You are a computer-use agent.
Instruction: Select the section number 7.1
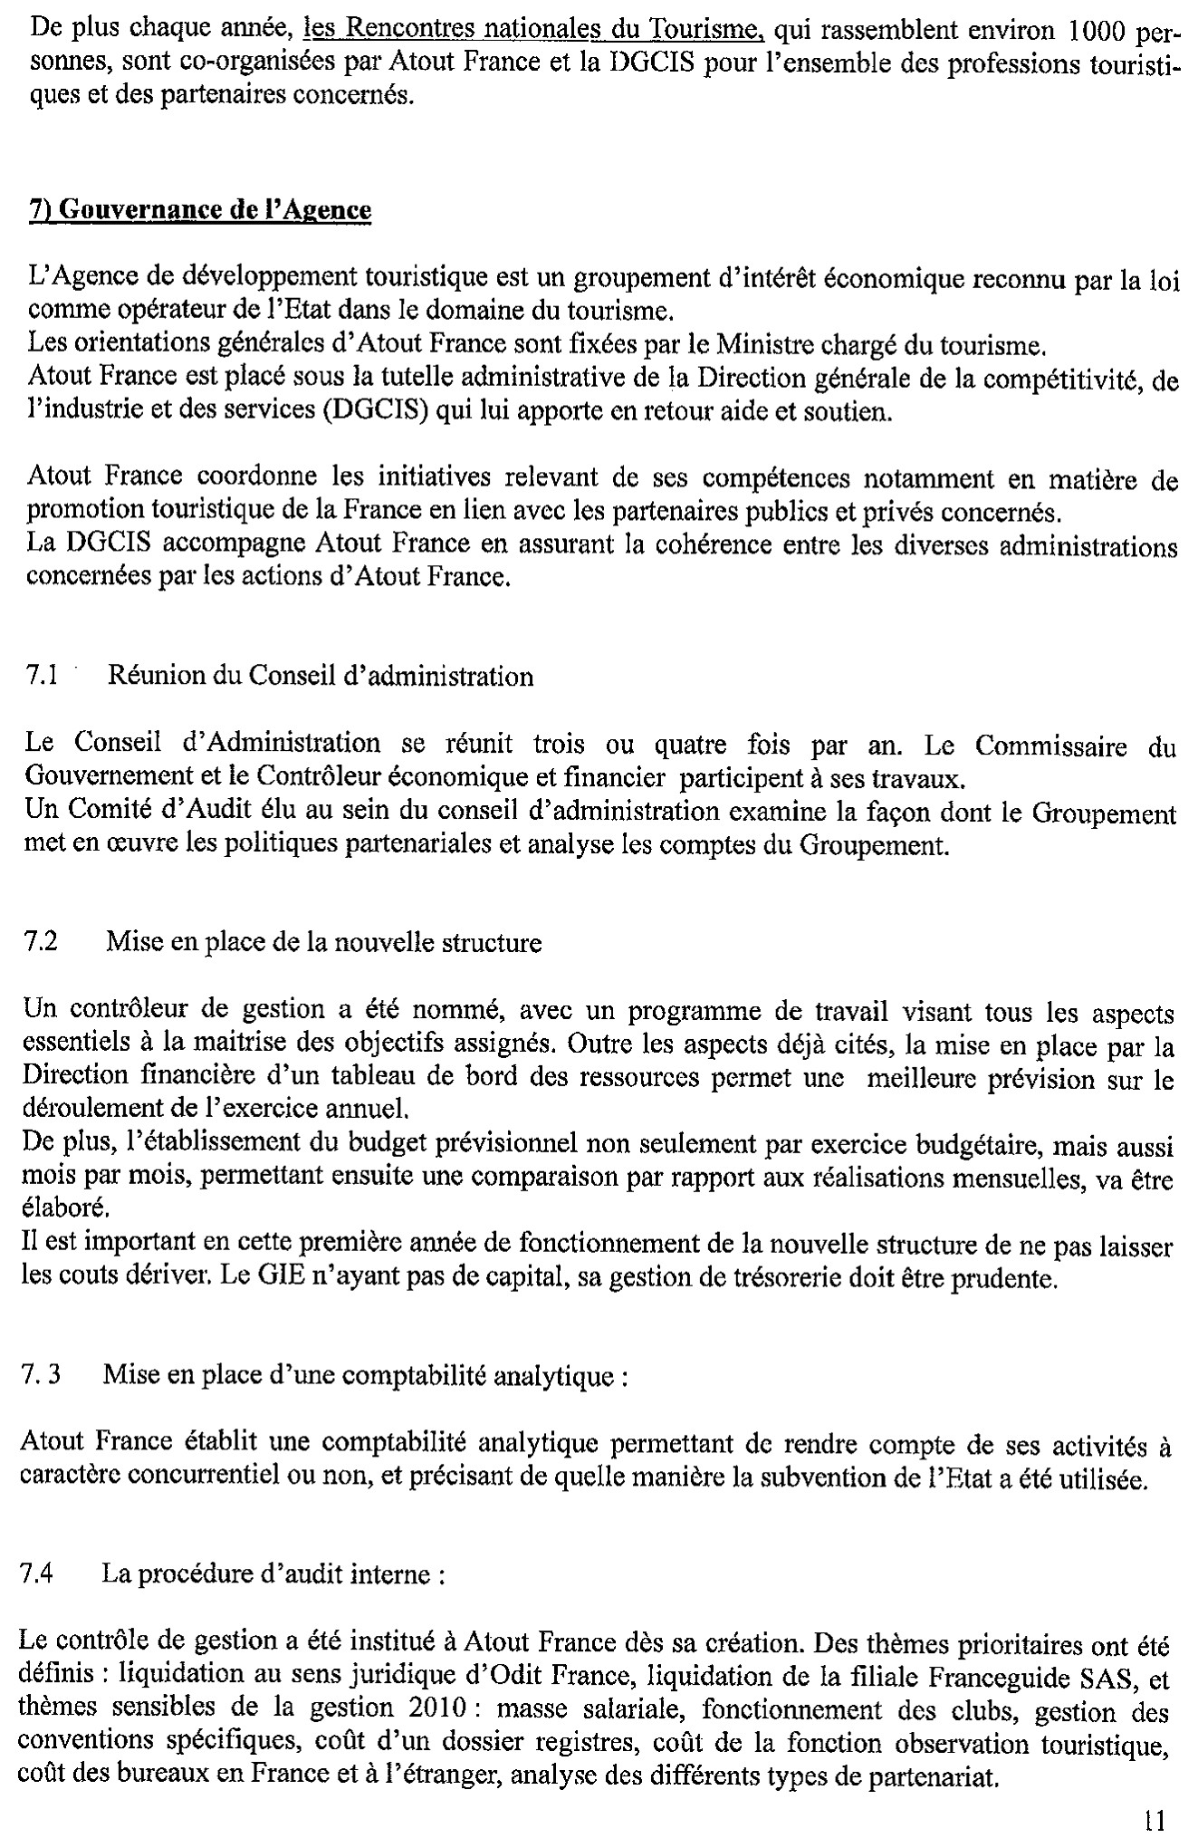click(43, 676)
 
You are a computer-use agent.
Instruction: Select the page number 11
click(1155, 1819)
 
